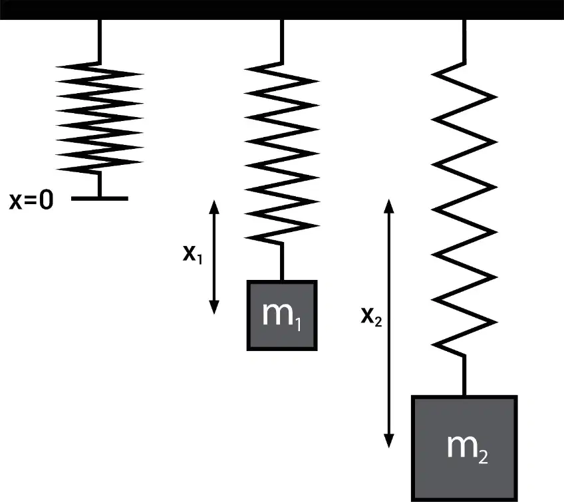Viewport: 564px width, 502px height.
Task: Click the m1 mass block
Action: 282,315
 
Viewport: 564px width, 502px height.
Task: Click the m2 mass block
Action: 464,448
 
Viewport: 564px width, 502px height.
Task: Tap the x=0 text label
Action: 31,200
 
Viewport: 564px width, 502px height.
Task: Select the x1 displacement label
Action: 193,255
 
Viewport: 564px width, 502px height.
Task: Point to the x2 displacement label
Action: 371,317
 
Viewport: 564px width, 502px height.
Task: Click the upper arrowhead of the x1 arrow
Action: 214,207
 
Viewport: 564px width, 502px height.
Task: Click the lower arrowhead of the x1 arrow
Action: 214,307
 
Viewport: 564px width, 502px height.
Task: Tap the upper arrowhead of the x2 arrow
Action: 389,205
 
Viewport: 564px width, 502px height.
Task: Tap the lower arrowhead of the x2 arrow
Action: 389,441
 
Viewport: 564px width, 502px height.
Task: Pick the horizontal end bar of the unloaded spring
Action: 100,199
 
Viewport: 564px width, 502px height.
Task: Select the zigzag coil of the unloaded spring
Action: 100,118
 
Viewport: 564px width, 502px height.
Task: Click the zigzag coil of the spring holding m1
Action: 281,154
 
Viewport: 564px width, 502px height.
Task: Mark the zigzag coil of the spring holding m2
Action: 464,209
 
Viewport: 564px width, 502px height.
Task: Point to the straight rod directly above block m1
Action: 282,262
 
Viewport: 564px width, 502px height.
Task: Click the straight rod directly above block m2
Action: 464,375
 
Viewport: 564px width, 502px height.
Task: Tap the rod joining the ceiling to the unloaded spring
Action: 100,41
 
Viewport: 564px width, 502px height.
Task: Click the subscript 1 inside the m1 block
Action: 298,325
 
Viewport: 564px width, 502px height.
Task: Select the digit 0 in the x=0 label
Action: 47,200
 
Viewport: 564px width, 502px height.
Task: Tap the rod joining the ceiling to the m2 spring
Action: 464,42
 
